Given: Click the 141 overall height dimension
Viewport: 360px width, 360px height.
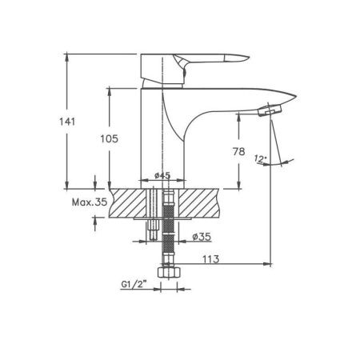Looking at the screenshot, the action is (67, 122).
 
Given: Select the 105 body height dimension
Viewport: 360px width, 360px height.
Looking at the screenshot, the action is (109, 138).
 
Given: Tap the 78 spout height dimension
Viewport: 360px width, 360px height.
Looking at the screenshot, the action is (238, 151).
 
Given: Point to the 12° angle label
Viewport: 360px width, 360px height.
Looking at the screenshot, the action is (260, 158).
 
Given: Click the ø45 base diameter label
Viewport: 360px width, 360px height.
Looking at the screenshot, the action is (162, 175).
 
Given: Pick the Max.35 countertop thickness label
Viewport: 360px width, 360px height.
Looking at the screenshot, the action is (90, 202).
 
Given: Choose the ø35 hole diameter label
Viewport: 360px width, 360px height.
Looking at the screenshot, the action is (202, 236).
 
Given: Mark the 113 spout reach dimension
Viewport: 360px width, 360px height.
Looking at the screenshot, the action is (211, 259).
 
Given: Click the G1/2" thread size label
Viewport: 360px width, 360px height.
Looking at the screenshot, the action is (134, 285).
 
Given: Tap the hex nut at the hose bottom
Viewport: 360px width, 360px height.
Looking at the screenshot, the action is (169, 272).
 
